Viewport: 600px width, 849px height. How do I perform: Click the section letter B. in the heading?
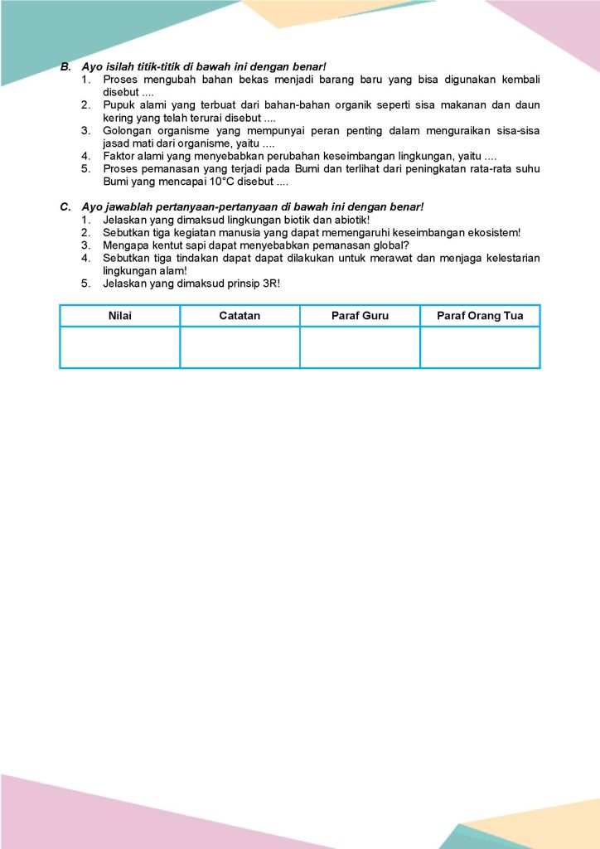65,65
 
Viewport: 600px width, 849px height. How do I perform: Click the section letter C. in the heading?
65,206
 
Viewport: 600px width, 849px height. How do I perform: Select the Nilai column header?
120,316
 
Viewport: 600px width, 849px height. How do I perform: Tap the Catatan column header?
240,316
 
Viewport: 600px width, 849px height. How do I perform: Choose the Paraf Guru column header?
360,316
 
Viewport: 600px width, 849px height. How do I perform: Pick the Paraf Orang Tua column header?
480,316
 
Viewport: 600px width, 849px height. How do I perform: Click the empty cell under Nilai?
120,347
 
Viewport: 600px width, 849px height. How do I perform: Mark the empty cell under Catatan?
240,347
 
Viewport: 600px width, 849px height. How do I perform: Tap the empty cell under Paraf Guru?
360,347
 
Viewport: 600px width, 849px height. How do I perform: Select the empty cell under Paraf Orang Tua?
480,347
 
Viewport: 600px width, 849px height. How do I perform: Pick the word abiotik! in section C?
348,220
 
